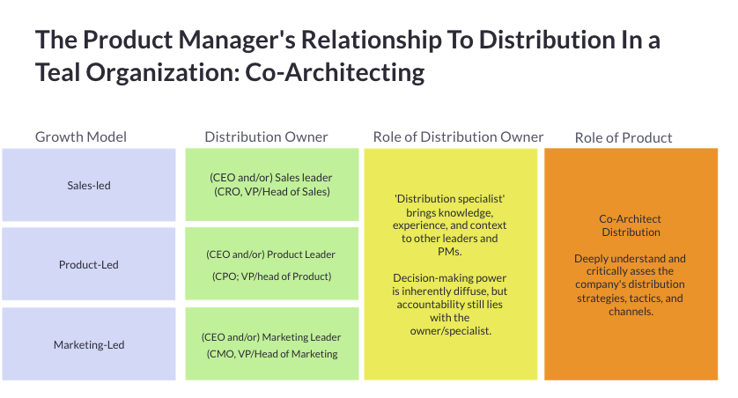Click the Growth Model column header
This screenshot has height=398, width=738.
(x=81, y=136)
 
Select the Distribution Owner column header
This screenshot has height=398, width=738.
(x=266, y=136)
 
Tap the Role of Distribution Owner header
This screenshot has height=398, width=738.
(x=458, y=136)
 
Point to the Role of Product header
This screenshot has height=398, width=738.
(x=624, y=137)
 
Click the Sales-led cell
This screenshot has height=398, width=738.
(x=89, y=185)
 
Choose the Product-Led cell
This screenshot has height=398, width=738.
(x=89, y=264)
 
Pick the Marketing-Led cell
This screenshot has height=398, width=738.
(x=89, y=344)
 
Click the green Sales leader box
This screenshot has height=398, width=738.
(x=272, y=184)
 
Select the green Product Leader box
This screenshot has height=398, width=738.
(x=272, y=264)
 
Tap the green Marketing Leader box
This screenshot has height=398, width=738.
(x=272, y=344)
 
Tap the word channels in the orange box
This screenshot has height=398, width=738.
(x=630, y=312)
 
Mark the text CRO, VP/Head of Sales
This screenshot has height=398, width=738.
(x=271, y=191)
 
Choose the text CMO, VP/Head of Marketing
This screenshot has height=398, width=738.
(x=271, y=354)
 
